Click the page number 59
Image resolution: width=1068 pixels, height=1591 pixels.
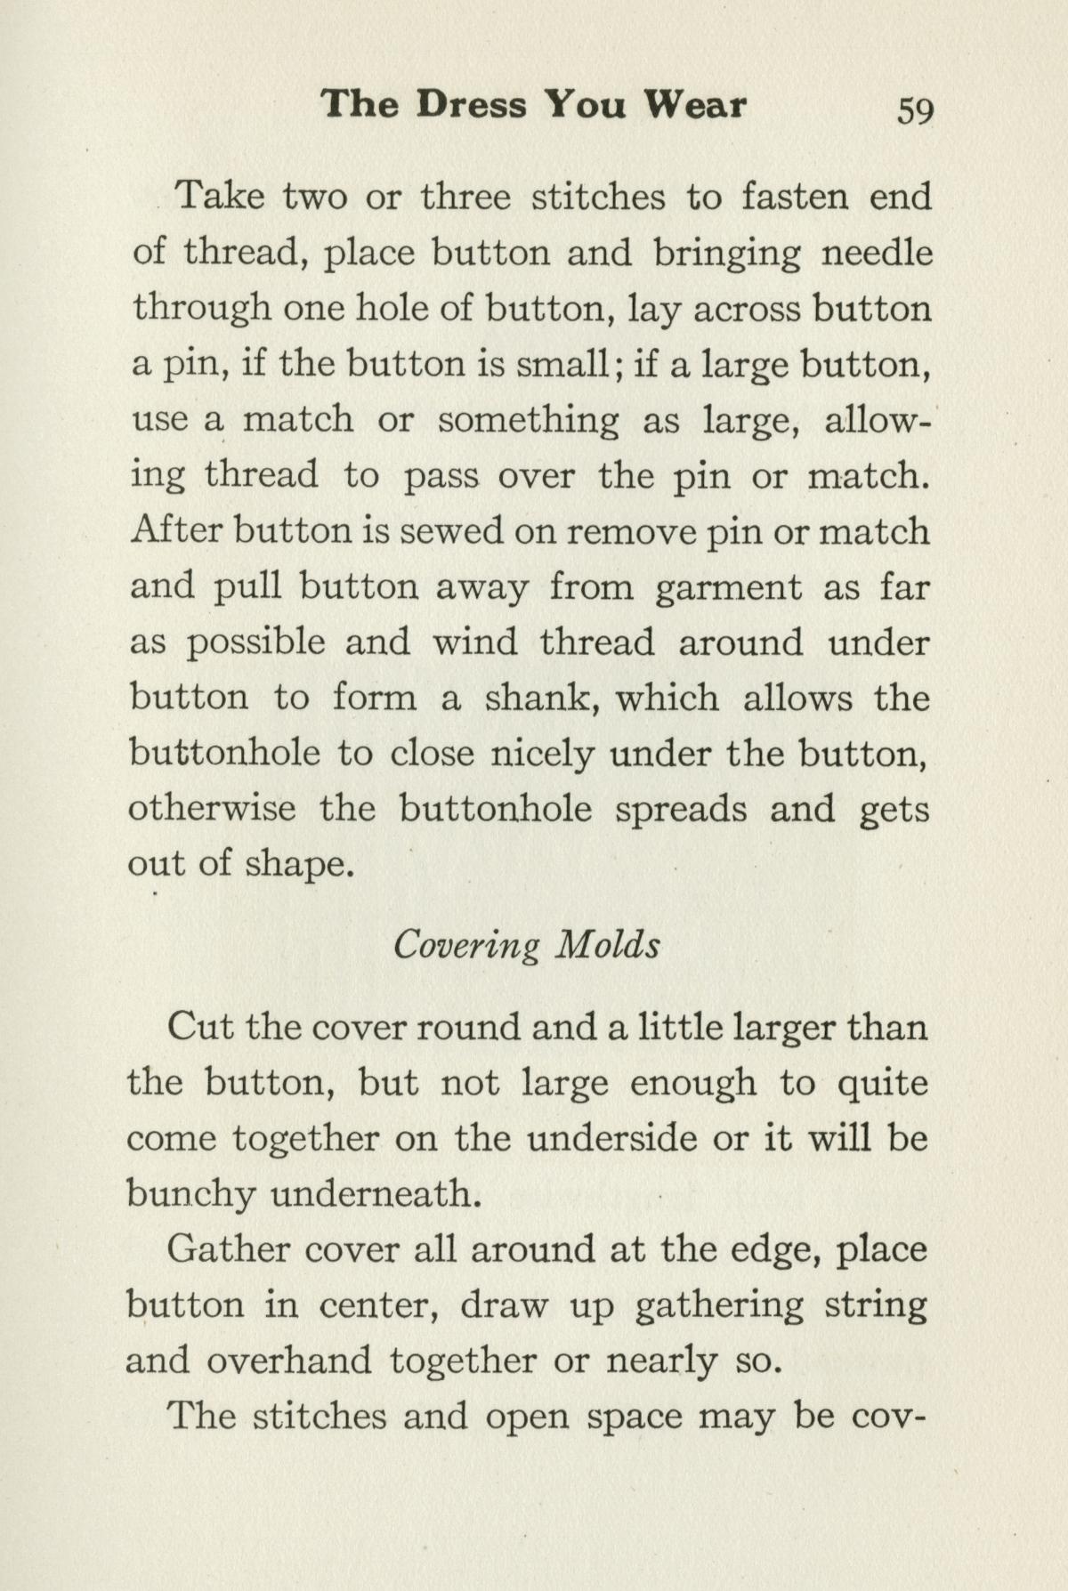915,110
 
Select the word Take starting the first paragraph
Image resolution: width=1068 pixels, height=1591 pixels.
220,197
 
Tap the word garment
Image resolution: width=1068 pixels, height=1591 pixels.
728,587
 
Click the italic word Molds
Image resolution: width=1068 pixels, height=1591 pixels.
608,944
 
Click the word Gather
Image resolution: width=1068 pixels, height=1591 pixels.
228,1250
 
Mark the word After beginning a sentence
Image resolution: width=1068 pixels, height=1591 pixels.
175,531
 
